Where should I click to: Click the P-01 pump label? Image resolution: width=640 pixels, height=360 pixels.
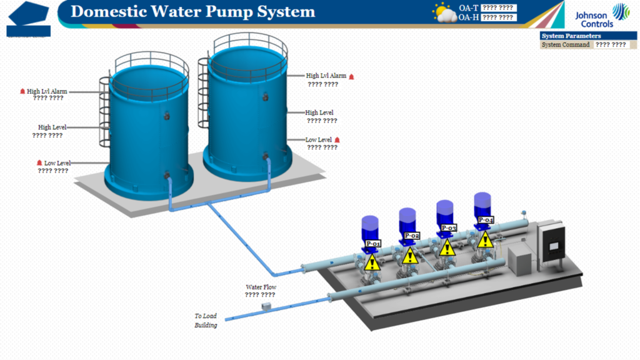pos(373,243)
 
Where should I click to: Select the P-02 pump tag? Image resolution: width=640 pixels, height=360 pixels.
pos(411,236)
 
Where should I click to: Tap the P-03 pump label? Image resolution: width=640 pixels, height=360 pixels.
pos(449,227)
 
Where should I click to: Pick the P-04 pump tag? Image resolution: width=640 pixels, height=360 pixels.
pos(486,220)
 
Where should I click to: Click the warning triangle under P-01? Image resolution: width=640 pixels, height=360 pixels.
pos(372,262)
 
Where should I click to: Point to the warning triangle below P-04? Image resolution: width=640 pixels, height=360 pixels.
pos(482,239)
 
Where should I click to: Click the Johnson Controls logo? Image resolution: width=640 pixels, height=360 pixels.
pos(594,15)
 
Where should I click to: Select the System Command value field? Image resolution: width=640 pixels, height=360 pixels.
pos(611,45)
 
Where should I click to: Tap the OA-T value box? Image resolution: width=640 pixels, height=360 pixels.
pos(497,8)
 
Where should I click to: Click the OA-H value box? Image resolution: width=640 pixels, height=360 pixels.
pos(497,17)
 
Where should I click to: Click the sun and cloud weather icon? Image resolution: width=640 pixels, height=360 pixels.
pos(444,12)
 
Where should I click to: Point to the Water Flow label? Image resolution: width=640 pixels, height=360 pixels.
pos(261,287)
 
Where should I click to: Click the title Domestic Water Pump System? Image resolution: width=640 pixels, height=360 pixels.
pos(192,12)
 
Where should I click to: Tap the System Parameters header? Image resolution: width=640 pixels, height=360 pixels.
pos(571,36)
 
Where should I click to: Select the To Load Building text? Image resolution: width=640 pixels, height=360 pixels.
pos(206,321)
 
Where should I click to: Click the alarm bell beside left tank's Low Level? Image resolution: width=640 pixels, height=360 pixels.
pos(39,163)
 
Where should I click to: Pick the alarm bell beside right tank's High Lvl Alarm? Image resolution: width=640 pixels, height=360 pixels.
pos(351,76)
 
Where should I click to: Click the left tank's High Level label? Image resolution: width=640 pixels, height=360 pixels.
pos(52,127)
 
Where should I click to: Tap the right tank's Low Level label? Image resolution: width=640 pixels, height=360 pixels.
pos(318,140)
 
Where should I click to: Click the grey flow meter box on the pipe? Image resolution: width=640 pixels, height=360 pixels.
pos(266,306)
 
